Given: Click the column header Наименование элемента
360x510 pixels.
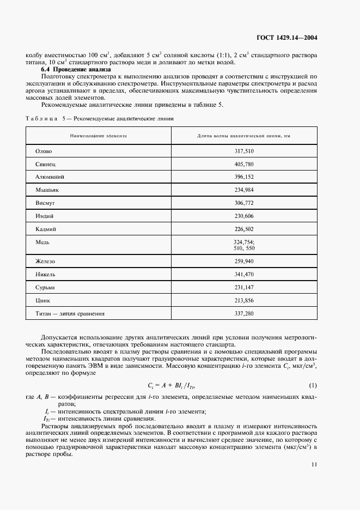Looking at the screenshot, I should [98, 135].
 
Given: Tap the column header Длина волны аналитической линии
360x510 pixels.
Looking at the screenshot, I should [243, 135].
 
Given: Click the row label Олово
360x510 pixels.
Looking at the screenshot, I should [44, 151].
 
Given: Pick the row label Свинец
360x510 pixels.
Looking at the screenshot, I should [45, 163].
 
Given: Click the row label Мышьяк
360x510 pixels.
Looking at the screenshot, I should [47, 190].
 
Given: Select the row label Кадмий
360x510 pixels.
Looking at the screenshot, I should [46, 228].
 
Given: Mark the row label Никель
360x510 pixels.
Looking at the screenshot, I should [45, 274].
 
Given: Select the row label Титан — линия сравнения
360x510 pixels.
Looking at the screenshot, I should [70, 313].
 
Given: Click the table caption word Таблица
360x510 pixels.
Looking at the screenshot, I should [40, 118].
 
